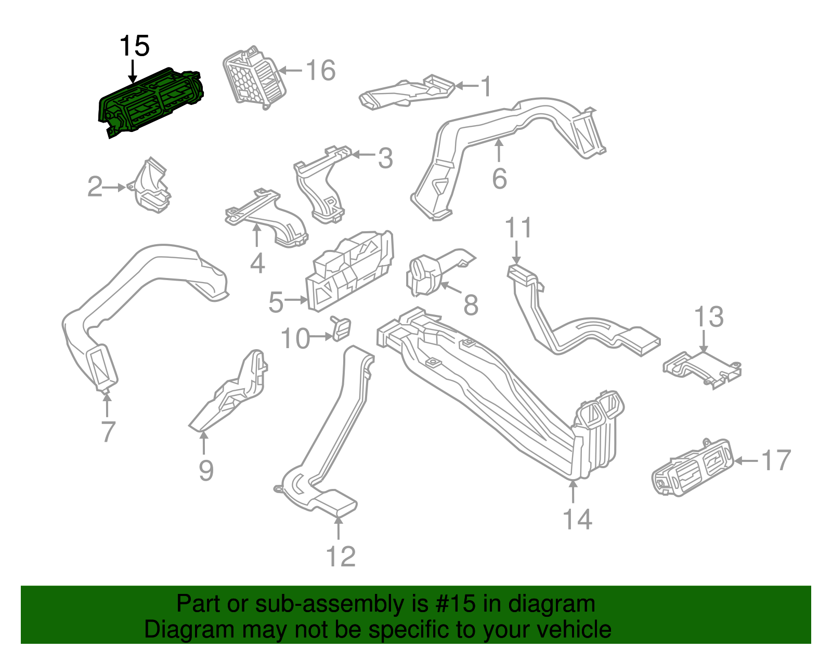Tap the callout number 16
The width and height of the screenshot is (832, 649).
320,70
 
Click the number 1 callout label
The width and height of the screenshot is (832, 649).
486,86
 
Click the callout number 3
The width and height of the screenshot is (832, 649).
385,158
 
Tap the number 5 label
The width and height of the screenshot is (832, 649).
276,302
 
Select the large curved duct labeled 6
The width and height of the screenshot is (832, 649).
515,135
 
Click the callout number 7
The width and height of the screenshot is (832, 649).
108,431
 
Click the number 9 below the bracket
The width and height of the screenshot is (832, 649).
206,470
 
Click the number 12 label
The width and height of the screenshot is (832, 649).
341,557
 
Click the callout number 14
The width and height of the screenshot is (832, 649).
577,519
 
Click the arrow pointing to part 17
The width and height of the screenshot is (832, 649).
746,460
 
